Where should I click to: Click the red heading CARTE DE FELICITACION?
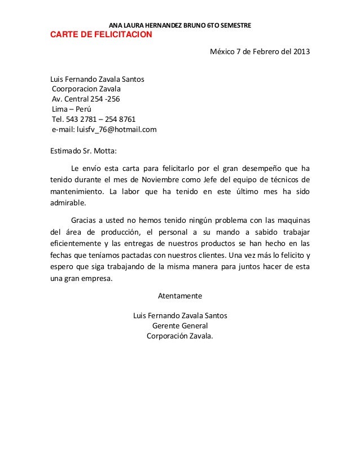(102, 34)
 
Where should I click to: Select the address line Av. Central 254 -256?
(86, 99)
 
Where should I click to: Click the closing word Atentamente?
(179, 296)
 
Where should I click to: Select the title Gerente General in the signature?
(180, 326)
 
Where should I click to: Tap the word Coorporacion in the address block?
(74, 89)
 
